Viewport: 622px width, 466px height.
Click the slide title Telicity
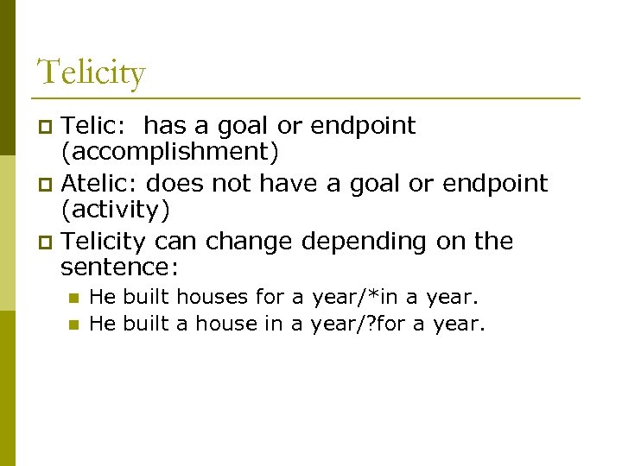[x=91, y=72]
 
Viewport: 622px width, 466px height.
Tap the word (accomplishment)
[x=169, y=154]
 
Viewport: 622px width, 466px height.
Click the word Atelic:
[x=101, y=183]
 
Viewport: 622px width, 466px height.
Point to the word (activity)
[x=116, y=211]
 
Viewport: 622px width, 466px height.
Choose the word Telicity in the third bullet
[x=105, y=241]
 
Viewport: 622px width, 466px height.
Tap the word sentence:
[x=119, y=268]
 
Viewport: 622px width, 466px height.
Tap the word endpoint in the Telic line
[x=363, y=127]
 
